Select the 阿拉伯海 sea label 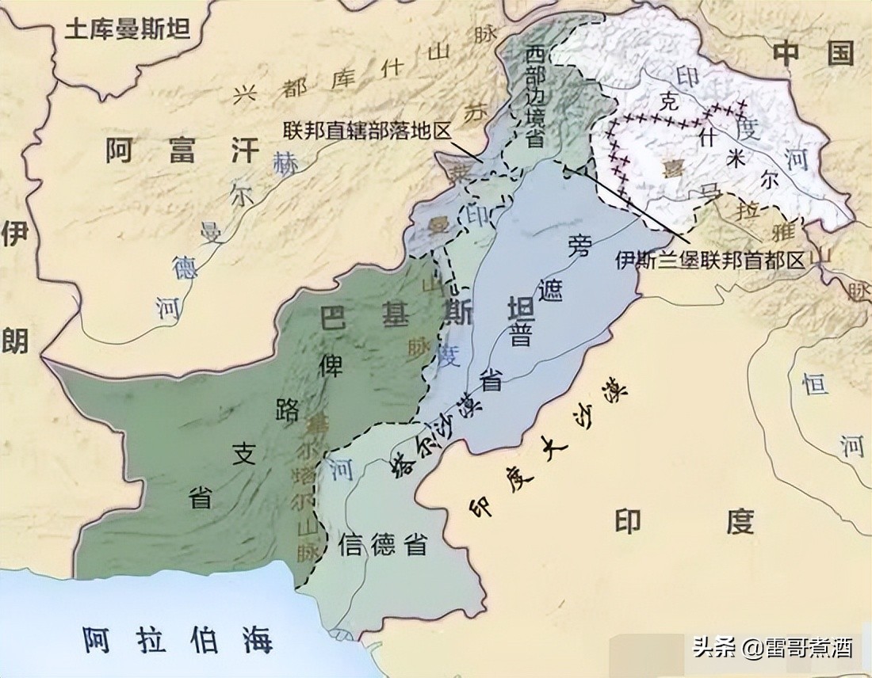click(178, 638)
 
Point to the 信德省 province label click(383, 544)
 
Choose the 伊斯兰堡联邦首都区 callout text click(709, 260)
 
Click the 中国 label click(813, 54)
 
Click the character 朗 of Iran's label click(15, 340)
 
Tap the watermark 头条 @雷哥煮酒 click(773, 648)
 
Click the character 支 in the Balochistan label click(244, 454)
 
